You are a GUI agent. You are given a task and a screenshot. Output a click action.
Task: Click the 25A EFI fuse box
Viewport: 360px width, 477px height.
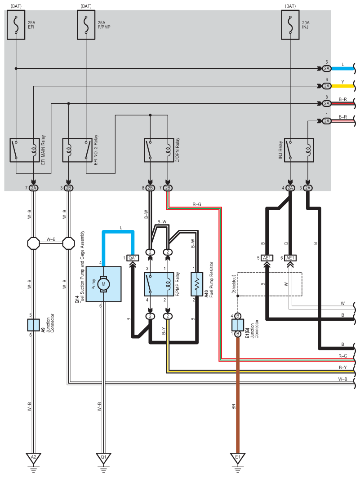coord(16,25)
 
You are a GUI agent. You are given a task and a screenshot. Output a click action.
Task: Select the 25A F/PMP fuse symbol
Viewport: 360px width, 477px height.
coord(86,25)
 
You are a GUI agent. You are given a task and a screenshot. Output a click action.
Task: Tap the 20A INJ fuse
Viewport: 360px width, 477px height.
coord(290,25)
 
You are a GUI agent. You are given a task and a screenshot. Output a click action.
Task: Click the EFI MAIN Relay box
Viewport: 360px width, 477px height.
coord(25,150)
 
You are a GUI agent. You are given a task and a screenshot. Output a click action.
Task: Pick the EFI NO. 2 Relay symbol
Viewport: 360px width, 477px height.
coord(77,150)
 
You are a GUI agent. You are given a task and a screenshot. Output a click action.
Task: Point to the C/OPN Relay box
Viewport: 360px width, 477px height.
coord(159,150)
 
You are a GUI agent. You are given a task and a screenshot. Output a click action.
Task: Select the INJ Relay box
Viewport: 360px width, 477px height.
coord(299,150)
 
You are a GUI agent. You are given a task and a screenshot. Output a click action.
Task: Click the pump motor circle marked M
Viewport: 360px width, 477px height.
coord(103,284)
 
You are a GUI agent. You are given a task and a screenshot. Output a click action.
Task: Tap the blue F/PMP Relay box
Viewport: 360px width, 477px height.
coord(159,284)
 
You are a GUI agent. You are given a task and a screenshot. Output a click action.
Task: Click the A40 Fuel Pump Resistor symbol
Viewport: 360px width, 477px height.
coord(197,284)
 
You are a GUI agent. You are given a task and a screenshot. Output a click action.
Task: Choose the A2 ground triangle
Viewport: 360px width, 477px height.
coord(33,458)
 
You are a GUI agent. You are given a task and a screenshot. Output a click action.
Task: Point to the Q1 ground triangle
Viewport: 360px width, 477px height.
coord(103,458)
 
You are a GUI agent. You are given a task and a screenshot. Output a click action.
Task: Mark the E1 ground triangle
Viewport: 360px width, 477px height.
coord(238,458)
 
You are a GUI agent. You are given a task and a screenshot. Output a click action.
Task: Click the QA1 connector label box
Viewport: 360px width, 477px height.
coord(133,258)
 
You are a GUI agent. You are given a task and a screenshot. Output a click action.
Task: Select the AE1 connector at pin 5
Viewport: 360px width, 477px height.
coord(267,258)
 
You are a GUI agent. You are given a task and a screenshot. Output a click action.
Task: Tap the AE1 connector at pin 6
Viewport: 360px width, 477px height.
coord(290,258)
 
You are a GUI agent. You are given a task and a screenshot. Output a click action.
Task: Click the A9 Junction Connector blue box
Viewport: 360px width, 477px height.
coord(33,325)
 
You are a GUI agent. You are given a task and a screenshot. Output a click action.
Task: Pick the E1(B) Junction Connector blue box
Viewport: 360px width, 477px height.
coord(238,325)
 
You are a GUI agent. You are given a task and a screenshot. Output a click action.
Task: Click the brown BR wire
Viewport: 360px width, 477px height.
coord(238,395)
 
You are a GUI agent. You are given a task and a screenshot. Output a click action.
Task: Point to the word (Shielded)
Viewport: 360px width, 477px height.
coord(234,284)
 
